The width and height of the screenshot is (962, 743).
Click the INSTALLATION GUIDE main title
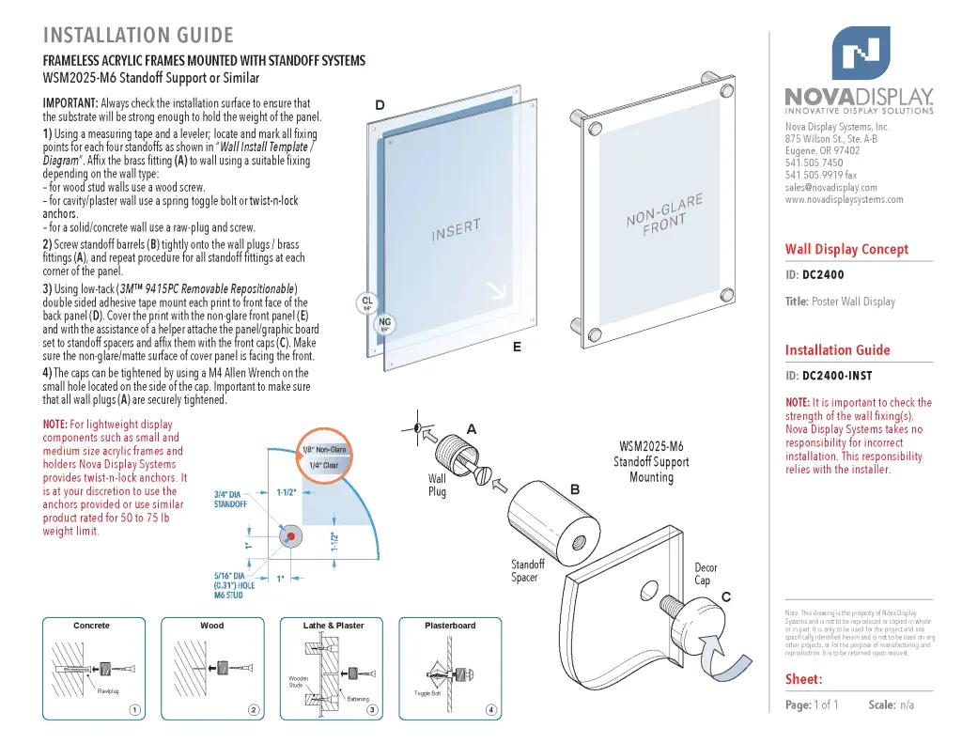click(138, 36)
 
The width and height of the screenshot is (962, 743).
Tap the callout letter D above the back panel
click(380, 105)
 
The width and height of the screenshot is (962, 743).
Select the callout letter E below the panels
click(517, 347)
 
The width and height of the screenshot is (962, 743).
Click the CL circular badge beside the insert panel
click(367, 303)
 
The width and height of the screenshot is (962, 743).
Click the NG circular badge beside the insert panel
click(384, 324)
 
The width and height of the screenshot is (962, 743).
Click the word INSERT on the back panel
click(457, 230)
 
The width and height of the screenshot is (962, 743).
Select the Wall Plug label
click(437, 485)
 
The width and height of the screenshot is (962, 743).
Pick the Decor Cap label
click(706, 574)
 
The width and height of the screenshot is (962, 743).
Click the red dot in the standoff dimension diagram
click(291, 536)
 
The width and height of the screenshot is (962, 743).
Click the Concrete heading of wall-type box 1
click(91, 626)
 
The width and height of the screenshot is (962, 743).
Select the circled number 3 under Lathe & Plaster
click(372, 709)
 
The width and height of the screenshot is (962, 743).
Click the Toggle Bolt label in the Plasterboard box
click(427, 693)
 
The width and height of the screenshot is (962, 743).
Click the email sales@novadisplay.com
click(830, 187)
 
